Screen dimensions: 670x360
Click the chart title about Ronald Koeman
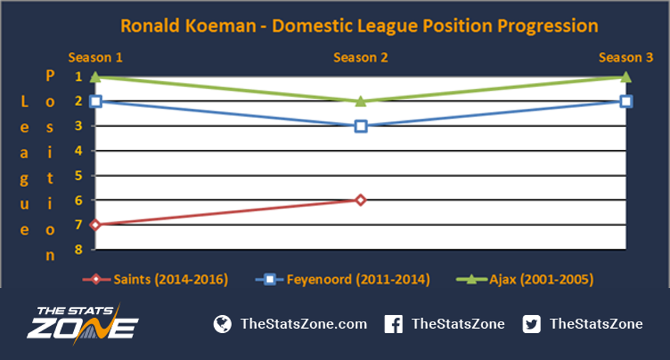[x=359, y=26]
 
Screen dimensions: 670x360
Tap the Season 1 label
[x=95, y=58]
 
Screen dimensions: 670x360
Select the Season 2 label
[x=361, y=58]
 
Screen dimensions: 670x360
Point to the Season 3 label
[x=626, y=58]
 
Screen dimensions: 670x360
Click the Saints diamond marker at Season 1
[x=96, y=225]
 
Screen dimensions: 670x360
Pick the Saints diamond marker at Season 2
[x=361, y=200]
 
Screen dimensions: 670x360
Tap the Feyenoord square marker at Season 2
[x=361, y=127]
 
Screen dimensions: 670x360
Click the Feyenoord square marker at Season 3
[x=626, y=101]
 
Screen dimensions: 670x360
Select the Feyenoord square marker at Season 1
[x=96, y=101]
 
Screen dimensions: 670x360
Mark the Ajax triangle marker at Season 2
[x=361, y=101]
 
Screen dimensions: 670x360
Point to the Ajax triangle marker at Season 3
[x=626, y=77]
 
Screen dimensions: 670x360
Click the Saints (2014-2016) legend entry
[x=156, y=280]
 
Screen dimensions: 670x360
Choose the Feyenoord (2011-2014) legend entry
[x=343, y=280]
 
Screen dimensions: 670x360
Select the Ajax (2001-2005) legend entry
[x=525, y=280]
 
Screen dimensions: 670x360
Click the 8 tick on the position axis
[x=79, y=250]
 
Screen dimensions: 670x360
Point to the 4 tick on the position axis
[x=79, y=151]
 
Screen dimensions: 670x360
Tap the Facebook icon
[x=393, y=324]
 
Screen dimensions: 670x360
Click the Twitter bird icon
[x=531, y=324]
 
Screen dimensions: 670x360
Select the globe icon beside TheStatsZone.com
[x=223, y=324]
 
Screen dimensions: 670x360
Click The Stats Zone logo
[x=83, y=324]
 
